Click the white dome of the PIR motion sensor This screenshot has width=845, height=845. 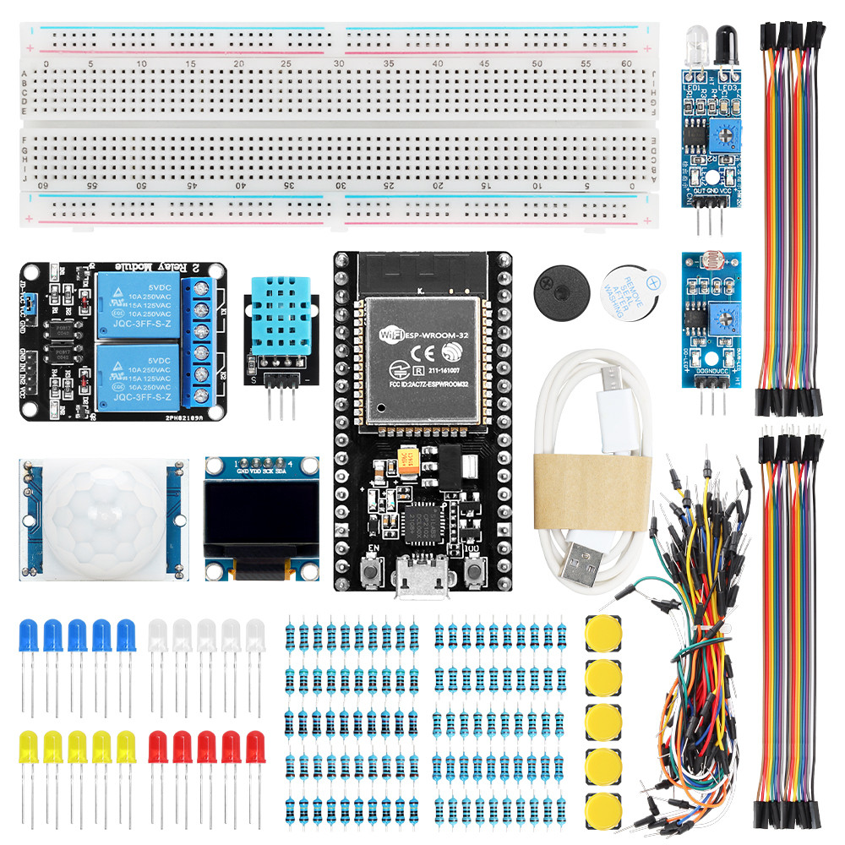pyautogui.click(x=99, y=519)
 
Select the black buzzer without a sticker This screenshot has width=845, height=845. pyautogui.click(x=559, y=292)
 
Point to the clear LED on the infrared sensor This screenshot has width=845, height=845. pyautogui.click(x=696, y=42)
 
